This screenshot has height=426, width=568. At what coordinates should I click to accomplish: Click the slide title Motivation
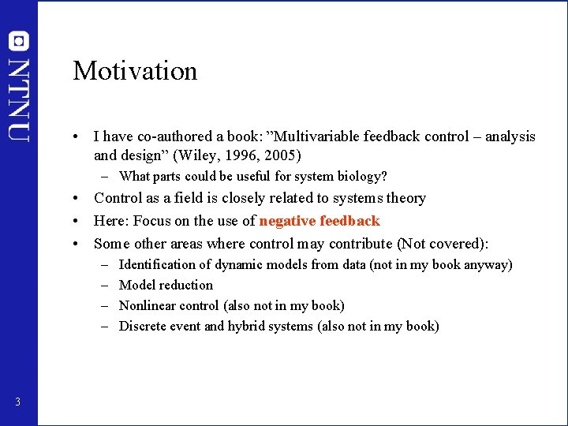[135, 71]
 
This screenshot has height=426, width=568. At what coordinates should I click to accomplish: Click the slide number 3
[17, 403]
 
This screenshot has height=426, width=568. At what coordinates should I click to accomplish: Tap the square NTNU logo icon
[19, 41]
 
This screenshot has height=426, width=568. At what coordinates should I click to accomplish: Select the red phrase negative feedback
[319, 221]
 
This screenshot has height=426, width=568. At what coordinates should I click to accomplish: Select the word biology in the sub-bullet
[363, 176]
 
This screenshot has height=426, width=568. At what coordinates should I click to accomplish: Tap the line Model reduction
[166, 286]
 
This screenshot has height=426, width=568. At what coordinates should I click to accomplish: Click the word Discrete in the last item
[141, 327]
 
